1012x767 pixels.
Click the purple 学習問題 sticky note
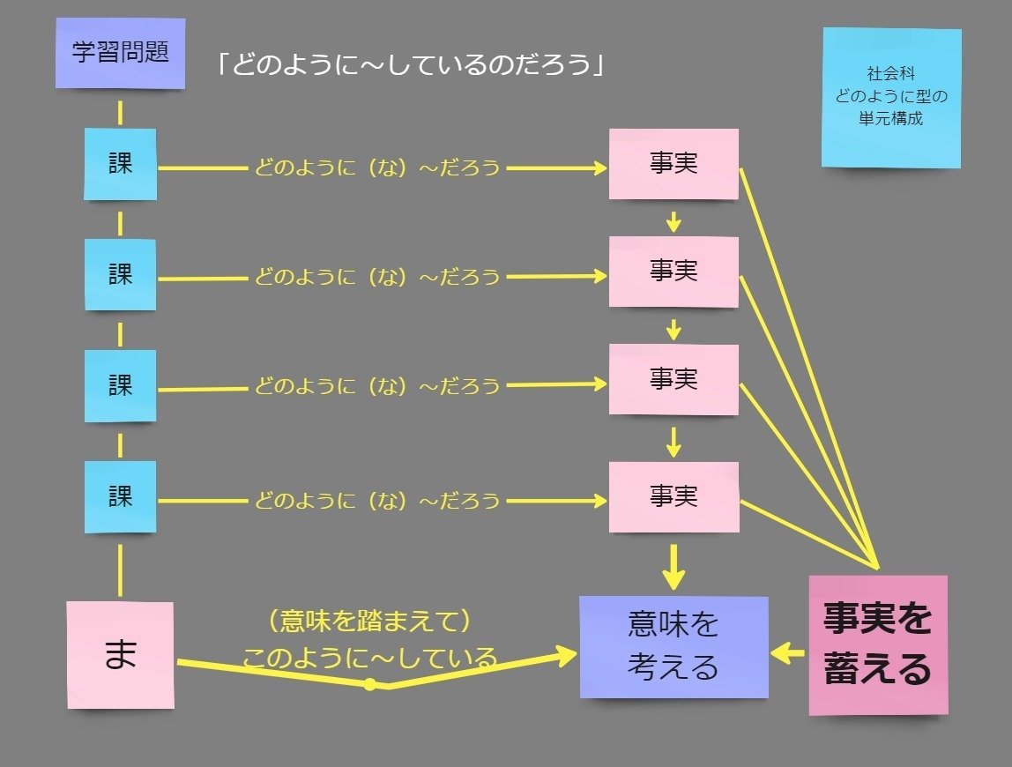coord(120,53)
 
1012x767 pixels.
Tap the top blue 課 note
coord(121,164)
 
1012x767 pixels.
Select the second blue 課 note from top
coord(121,274)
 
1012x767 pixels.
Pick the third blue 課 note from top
coord(121,385)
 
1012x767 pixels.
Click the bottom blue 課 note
coord(121,496)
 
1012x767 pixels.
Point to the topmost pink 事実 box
coord(673,164)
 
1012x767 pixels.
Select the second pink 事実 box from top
coord(673,272)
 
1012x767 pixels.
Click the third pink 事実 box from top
coord(673,380)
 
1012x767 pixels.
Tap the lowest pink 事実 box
coord(673,497)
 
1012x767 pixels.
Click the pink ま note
coord(121,655)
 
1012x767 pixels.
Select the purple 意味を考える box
coord(673,647)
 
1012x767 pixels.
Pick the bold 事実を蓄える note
coord(878,644)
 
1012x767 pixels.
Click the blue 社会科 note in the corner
coord(891,97)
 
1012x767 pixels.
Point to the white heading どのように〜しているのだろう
coord(411,66)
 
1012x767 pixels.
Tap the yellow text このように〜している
coord(369,658)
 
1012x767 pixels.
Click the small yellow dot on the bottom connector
coord(370,684)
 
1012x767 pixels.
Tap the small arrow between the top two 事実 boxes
coord(673,220)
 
